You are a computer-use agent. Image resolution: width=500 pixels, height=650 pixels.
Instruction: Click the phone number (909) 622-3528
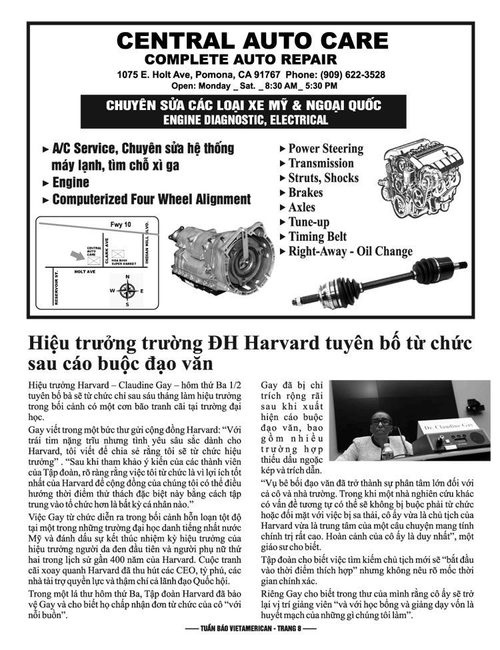[353, 75]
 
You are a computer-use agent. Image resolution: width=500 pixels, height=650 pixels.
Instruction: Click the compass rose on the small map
[127, 291]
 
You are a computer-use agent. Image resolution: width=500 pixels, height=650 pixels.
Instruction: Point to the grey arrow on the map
[77, 255]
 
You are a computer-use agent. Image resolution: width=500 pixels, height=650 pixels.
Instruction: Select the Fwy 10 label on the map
[121, 224]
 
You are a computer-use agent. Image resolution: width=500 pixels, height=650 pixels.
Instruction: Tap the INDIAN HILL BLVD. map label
[147, 243]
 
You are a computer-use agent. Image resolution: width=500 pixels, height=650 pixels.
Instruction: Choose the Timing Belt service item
[317, 236]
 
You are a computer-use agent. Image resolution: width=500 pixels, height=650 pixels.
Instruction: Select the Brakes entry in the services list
[305, 193]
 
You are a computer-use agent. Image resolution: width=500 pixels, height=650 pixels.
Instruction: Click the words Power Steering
[325, 149]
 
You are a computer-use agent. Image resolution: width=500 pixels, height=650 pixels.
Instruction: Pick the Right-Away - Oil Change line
[350, 251]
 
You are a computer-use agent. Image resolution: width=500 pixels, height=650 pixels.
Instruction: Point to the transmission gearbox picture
[222, 258]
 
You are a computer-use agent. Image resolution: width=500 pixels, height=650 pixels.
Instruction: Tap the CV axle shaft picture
[379, 282]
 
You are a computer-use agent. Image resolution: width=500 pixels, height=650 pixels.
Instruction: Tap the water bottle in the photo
[386, 451]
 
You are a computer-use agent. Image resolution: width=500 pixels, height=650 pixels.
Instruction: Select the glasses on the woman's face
[381, 422]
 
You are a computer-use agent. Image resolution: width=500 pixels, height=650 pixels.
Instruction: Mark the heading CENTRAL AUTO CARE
[253, 41]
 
